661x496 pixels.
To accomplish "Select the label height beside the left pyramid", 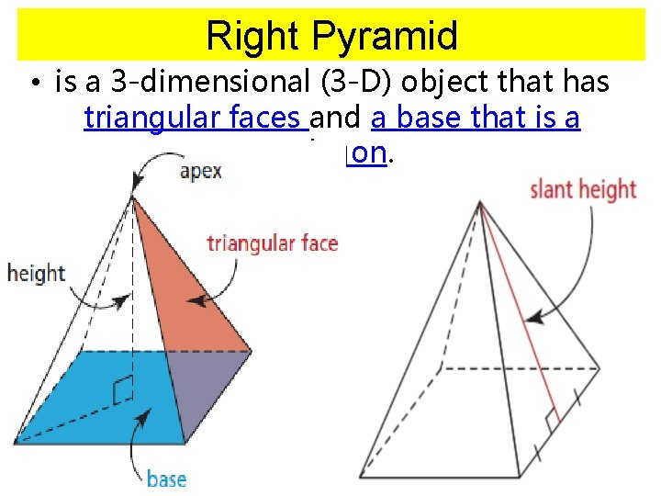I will point(36,273).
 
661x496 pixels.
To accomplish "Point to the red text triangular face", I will point(272,243).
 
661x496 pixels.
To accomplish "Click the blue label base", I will point(166,479).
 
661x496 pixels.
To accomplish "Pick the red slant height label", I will point(582,190).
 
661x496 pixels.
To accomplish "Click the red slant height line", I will point(519,312).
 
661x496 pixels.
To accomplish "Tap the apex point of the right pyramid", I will point(479,203).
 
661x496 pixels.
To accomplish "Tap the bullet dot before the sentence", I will point(33,85).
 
